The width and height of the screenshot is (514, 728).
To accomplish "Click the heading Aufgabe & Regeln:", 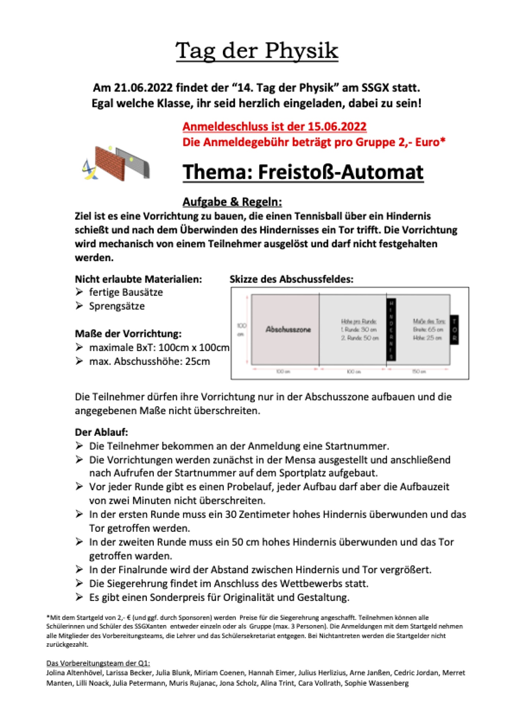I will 232,202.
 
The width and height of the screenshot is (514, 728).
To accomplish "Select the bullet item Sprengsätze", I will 117,306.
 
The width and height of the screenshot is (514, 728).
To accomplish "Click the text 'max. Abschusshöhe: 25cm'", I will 149,362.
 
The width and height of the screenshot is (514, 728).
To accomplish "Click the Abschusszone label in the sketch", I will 288,330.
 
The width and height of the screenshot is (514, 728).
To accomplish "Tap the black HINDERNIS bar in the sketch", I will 391,330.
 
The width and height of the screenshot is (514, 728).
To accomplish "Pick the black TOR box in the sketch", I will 455,330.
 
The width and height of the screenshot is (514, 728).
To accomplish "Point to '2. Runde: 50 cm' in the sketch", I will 360,338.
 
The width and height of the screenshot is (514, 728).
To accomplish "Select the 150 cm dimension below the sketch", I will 419,372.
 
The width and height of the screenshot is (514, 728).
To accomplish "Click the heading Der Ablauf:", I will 101,432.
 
